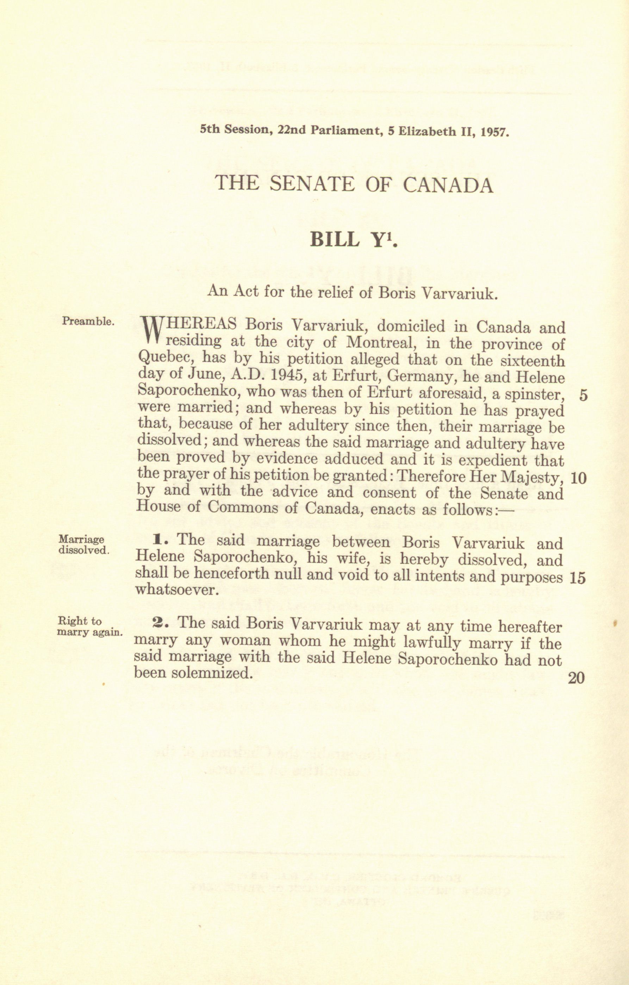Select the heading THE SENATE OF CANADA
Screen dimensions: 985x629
pos(354,184)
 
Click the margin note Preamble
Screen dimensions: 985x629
pos(88,321)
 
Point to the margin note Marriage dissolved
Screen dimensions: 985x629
pos(83,545)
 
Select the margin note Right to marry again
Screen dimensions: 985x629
pos(89,627)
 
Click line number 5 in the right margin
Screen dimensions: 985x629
pos(583,396)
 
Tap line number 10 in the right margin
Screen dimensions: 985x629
pos(578,478)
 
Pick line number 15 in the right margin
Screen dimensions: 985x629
pos(577,578)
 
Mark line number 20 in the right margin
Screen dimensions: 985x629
pos(576,678)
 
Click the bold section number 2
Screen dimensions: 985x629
pos(157,623)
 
